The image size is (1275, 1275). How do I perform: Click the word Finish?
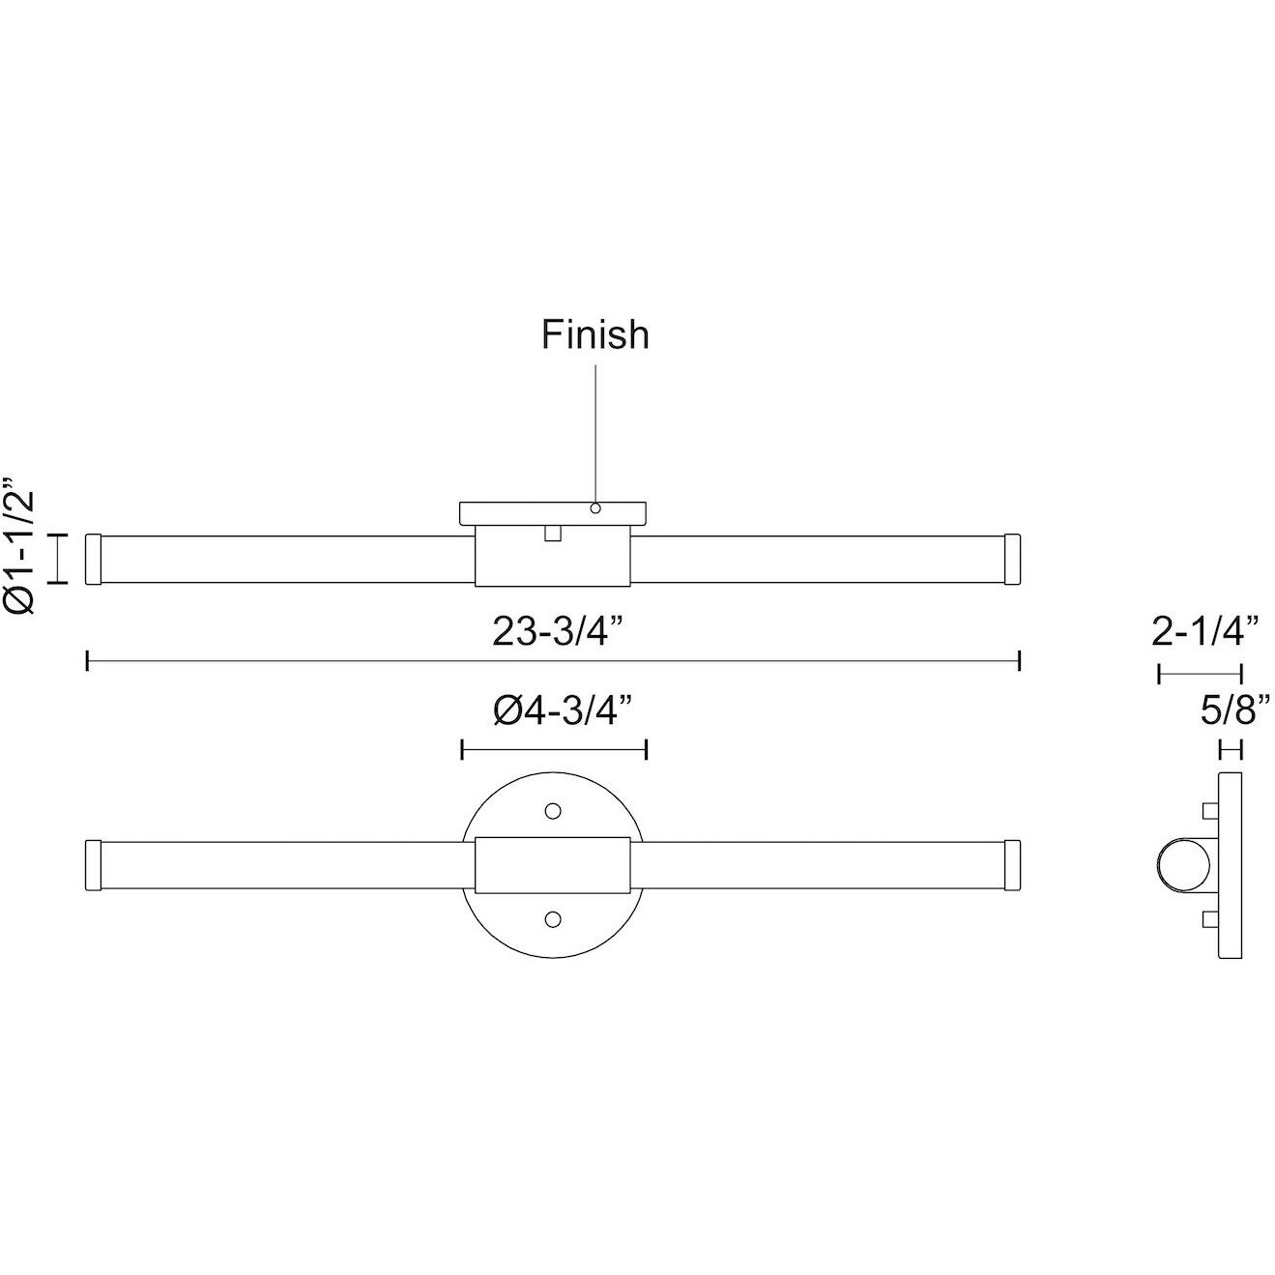tap(594, 334)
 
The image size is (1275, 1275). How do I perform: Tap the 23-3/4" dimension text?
tap(555, 632)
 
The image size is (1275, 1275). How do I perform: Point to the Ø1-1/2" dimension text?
tap(20, 546)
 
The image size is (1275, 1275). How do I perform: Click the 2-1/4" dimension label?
tap(1204, 632)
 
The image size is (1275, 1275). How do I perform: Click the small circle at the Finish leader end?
tap(595, 508)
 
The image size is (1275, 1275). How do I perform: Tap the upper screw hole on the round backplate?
tap(554, 809)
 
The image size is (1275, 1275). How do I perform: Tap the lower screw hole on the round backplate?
tap(554, 917)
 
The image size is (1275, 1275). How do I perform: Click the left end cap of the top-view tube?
tap(94, 559)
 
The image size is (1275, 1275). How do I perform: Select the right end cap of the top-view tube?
tap(1013, 559)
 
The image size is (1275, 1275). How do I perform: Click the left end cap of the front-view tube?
tap(94, 863)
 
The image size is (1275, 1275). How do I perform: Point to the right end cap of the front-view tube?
tap(1013, 863)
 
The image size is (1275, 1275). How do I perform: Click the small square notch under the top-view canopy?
tap(554, 534)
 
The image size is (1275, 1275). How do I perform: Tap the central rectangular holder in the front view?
tap(554, 863)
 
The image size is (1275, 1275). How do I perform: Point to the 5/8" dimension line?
tap(1231, 749)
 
